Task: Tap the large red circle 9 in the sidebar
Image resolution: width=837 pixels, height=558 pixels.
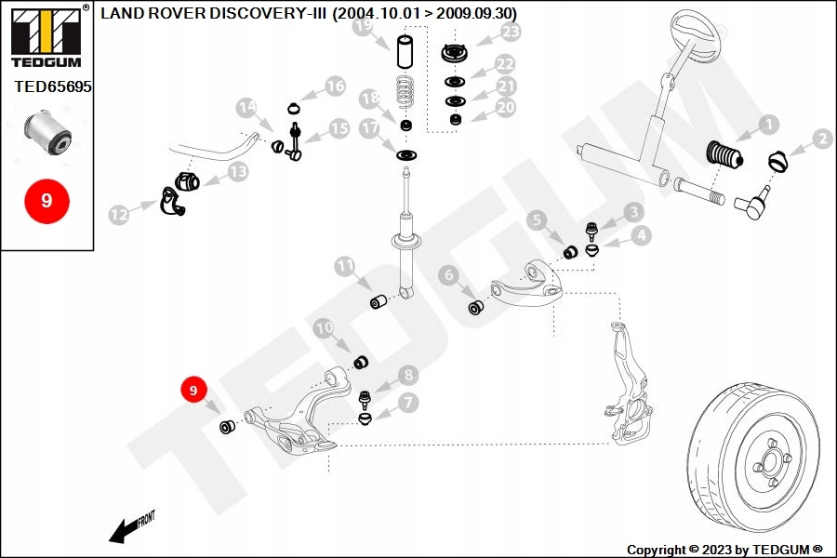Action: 46,200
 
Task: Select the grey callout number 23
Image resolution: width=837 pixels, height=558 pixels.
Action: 511,33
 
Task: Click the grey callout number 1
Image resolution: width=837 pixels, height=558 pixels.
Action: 768,122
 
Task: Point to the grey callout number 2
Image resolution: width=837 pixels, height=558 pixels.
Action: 822,139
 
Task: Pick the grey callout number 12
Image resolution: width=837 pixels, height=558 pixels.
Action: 118,215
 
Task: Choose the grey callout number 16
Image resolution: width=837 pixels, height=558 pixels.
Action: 335,87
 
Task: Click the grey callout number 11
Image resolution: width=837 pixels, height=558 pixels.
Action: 345,266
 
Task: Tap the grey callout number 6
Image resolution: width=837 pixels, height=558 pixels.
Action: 448,274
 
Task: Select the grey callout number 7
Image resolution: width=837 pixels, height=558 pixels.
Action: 407,402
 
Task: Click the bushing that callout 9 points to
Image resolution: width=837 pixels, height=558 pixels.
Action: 227,427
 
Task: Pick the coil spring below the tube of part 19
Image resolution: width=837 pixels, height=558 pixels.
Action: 404,90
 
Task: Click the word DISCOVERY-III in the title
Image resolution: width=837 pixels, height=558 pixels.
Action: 276,13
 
